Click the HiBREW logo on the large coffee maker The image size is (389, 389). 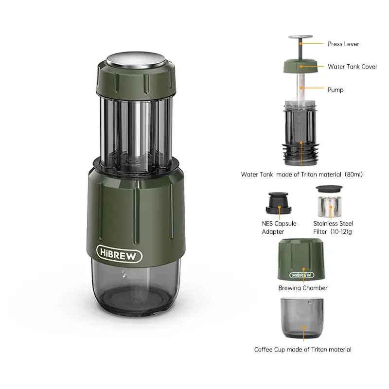coord(119,254)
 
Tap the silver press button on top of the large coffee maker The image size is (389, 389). coord(136,59)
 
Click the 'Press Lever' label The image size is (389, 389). coord(343,44)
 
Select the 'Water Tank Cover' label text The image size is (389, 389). coord(352,67)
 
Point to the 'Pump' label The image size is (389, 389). coord(336,89)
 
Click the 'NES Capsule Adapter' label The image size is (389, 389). coord(279,228)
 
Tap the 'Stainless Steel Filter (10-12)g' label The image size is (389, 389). coord(333,228)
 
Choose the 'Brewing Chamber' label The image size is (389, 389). coord(302,288)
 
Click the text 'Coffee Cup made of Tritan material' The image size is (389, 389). coord(302,349)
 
